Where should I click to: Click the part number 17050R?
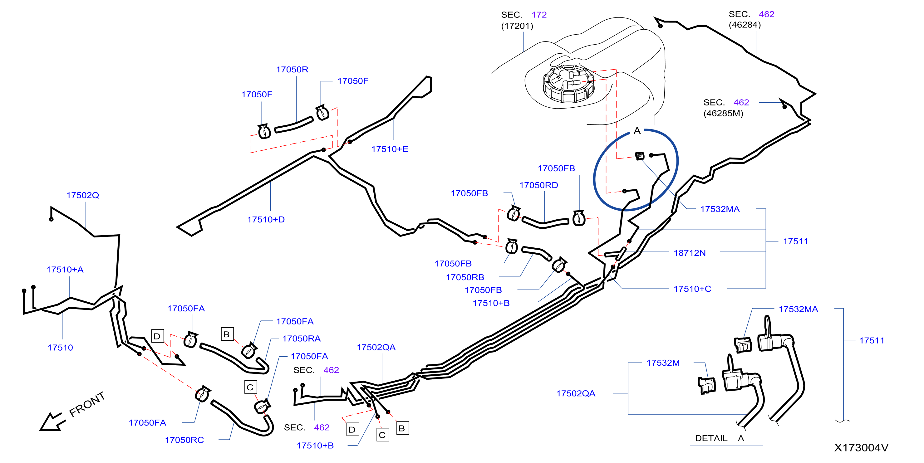(292, 70)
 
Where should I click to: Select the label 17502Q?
(82, 195)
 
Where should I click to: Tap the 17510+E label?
(390, 149)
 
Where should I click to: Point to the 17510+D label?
(266, 219)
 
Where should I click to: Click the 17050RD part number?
(538, 185)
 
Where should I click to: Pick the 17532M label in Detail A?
(663, 363)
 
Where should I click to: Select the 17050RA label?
(301, 339)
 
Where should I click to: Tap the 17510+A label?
(65, 270)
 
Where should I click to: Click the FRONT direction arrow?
(53, 422)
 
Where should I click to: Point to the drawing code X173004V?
(861, 448)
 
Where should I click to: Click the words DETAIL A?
(719, 438)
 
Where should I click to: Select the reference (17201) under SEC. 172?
(517, 26)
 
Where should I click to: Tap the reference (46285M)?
(723, 114)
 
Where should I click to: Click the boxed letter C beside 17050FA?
(250, 387)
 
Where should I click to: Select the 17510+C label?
(692, 289)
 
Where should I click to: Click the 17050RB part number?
(465, 278)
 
